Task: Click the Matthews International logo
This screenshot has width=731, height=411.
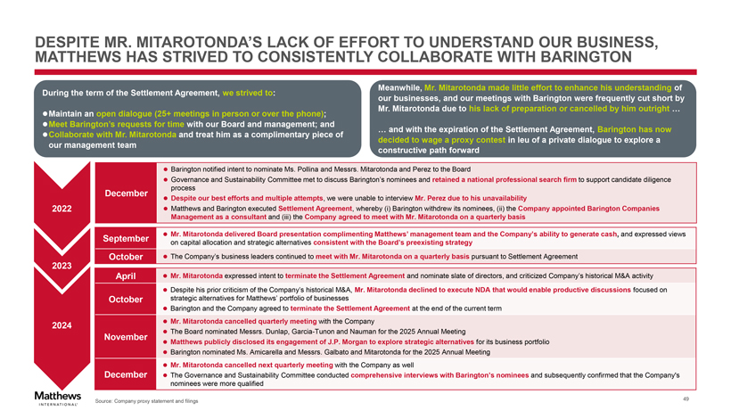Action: tap(56, 397)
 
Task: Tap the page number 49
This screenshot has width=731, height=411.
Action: tap(685, 398)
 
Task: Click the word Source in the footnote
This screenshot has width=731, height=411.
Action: tap(104, 401)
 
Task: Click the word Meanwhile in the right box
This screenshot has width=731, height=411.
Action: tap(398, 86)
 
